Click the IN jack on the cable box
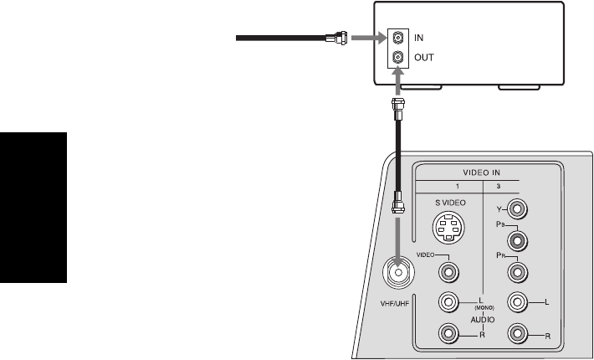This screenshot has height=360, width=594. [398, 38]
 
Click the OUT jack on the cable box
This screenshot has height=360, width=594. [398, 58]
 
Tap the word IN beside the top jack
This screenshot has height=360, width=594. [419, 38]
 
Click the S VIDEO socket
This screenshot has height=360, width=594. [451, 226]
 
